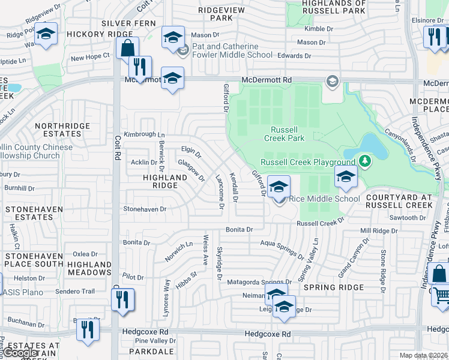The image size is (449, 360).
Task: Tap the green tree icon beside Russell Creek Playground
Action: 364,161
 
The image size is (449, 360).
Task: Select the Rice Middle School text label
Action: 325,199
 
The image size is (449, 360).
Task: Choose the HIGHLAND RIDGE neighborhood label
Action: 165,182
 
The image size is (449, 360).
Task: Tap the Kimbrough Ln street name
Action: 144,135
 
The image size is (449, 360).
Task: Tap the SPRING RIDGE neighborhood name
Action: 334,287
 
